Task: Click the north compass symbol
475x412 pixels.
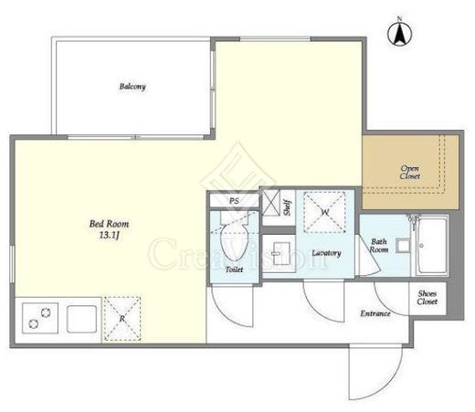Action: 399,33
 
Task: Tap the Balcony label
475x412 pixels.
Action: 132,87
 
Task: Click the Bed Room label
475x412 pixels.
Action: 109,224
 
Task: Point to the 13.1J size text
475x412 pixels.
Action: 109,236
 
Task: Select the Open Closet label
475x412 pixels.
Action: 409,172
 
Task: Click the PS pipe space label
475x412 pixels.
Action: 234,201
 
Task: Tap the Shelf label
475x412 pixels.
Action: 287,207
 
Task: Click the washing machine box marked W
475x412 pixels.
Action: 325,212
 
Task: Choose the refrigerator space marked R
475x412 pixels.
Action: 122,319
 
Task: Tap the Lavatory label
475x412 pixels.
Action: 326,253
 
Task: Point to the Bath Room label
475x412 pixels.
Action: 378,246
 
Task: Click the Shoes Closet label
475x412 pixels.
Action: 427,298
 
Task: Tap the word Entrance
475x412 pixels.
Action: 375,313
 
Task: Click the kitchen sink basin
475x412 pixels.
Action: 81,319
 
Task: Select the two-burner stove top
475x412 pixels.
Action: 40,318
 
